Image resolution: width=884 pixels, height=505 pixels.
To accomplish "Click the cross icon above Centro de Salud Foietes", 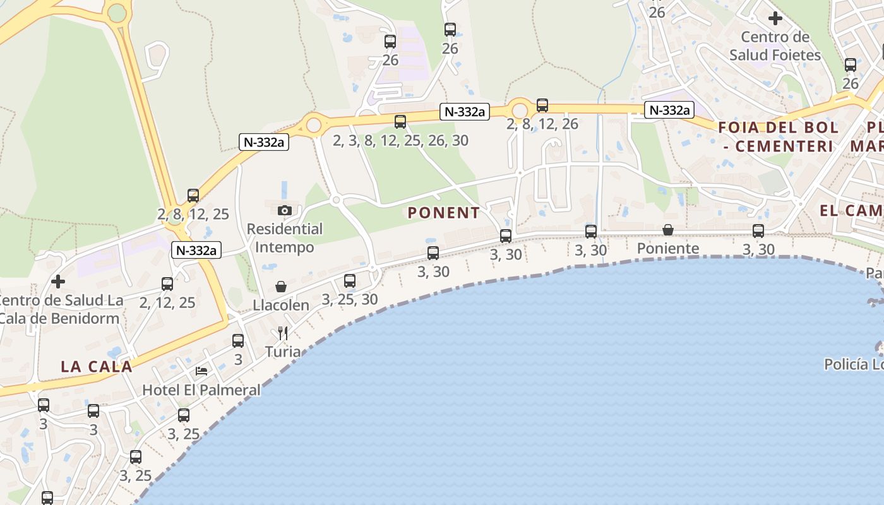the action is coord(775,18).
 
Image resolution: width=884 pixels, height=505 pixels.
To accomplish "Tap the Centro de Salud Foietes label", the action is coord(775,46).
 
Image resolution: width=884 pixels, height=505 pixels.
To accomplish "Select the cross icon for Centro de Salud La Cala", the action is coord(58,282).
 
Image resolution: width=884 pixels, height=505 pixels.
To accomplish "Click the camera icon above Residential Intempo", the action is coord(285,210).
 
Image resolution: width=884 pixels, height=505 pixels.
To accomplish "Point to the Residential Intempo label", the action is coord(284,238).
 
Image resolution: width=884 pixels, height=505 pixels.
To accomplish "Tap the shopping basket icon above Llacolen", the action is coord(281,287).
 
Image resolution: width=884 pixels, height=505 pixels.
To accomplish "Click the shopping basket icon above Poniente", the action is coord(668,230).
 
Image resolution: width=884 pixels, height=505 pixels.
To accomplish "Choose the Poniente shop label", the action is coord(668,248).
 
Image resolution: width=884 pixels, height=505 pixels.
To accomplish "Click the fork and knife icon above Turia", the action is coord(283,333).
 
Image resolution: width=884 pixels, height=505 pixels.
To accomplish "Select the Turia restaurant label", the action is coord(283,351).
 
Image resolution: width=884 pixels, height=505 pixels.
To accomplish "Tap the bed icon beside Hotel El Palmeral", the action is coord(201,371).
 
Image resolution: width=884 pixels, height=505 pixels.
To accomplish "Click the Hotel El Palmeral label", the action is coord(201,389).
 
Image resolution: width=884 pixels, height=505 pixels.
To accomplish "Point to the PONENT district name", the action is coord(444,213).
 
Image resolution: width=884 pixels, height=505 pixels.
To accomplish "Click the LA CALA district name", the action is coord(97,366).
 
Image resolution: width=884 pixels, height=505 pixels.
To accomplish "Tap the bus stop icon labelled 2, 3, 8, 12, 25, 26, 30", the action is coord(400,122).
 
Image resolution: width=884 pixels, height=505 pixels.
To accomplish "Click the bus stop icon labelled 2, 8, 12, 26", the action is coord(542,105).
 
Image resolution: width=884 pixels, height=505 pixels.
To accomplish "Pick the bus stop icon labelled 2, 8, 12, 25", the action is coord(193,196).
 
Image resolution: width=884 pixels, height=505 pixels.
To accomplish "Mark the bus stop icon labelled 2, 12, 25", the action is coord(167,284).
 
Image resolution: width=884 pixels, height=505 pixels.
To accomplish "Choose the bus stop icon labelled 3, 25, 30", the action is coord(350,281).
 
